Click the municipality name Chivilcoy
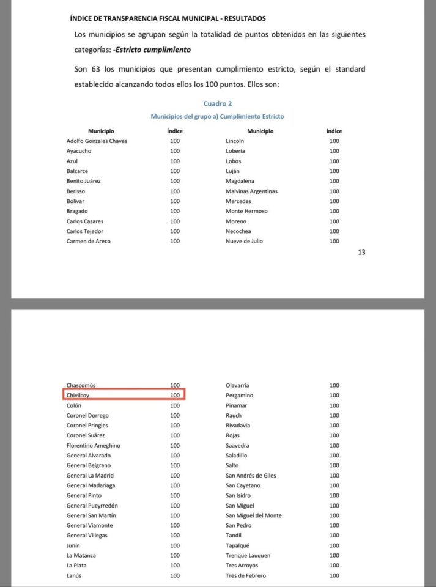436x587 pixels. (x=78, y=396)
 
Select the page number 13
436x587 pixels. (x=361, y=252)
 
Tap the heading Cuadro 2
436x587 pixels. (x=218, y=103)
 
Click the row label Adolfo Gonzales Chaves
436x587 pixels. (x=97, y=141)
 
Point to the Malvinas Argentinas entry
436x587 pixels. (x=251, y=191)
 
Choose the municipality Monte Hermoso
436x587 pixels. (x=246, y=211)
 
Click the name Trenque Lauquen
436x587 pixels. (x=248, y=555)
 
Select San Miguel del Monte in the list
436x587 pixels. (x=254, y=515)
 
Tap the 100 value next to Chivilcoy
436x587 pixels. (x=175, y=396)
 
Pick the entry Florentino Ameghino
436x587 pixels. (x=94, y=446)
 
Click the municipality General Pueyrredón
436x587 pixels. (x=92, y=506)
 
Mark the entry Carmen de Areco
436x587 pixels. (x=89, y=241)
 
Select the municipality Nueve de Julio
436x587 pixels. (x=244, y=241)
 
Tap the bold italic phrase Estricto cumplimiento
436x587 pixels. (x=153, y=50)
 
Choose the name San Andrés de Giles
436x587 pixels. (x=251, y=476)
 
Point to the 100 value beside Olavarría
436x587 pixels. (x=334, y=386)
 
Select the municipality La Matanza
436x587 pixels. (x=81, y=555)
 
